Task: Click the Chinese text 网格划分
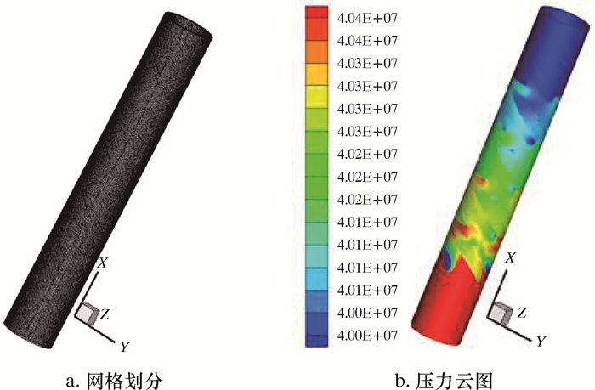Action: tap(125, 381)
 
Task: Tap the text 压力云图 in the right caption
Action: tap(454, 381)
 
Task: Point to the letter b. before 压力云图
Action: tap(403, 381)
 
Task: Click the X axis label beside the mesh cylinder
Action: tap(103, 263)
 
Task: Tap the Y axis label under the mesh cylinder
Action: tap(124, 347)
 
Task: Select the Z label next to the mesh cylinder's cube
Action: tap(105, 314)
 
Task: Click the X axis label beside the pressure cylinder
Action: tap(511, 258)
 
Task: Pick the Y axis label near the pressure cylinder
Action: tap(541, 342)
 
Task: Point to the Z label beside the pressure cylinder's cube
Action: tap(522, 313)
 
